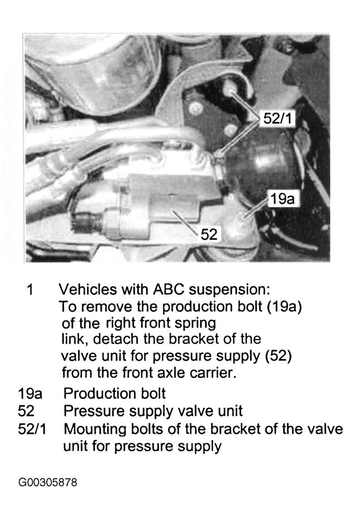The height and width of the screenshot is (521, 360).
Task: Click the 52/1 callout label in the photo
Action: click(x=277, y=118)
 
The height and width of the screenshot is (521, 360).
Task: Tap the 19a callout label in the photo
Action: click(x=282, y=199)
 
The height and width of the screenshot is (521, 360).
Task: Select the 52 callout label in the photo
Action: click(x=209, y=235)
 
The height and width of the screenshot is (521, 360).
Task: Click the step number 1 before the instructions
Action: click(x=30, y=290)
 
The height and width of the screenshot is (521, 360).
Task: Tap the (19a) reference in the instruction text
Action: click(x=285, y=307)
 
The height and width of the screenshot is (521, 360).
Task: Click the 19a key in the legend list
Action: click(x=30, y=394)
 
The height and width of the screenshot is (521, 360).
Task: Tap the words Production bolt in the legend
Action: click(x=114, y=394)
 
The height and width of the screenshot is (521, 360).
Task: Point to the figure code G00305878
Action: click(x=48, y=482)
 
